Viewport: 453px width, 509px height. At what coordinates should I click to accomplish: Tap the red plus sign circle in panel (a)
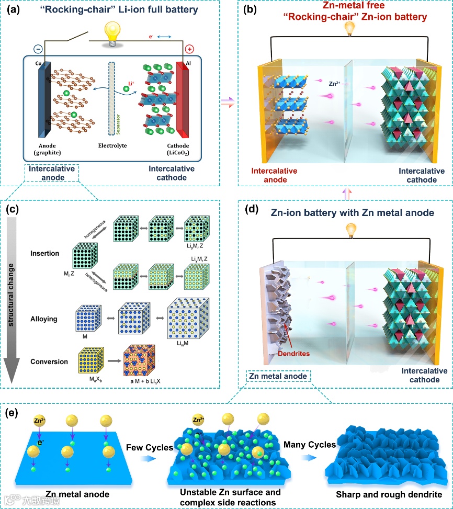pyautogui.click(x=189, y=49)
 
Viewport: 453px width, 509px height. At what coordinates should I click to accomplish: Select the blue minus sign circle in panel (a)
pyautogui.click(x=38, y=49)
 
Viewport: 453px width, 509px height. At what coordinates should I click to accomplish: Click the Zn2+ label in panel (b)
pyautogui.click(x=336, y=83)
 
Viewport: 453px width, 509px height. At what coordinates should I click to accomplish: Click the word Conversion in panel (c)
pyautogui.click(x=49, y=361)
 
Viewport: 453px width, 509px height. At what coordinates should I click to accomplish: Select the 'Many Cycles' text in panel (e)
pyautogui.click(x=310, y=445)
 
